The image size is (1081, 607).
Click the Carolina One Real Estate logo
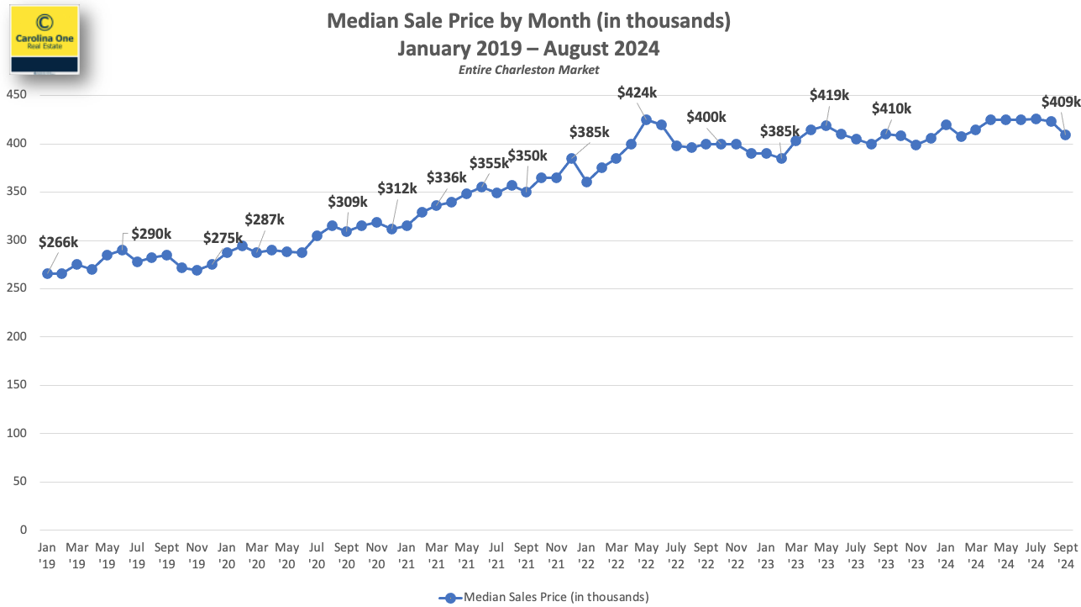pos(45,40)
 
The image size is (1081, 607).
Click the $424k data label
pos(638,92)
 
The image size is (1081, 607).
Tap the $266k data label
pos(59,243)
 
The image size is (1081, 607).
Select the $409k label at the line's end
pos(1061,102)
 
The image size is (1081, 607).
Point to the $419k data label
pos(829,95)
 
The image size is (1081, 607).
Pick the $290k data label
pos(151,234)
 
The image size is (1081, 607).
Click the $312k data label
pos(396,188)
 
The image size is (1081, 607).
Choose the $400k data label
pos(706,117)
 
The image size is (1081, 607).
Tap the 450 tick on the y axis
pos(17,95)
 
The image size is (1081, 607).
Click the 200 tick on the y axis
pos(17,337)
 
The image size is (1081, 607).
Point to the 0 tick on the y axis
pos(24,530)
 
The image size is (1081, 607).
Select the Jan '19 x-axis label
pos(47,556)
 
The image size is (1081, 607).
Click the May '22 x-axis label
pos(646,556)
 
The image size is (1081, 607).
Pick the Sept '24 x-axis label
pos(1066,556)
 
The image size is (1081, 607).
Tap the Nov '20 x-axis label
pos(376,556)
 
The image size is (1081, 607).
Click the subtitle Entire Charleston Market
pos(528,70)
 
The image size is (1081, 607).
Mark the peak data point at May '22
pos(646,119)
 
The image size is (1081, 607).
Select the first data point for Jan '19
pos(47,273)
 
